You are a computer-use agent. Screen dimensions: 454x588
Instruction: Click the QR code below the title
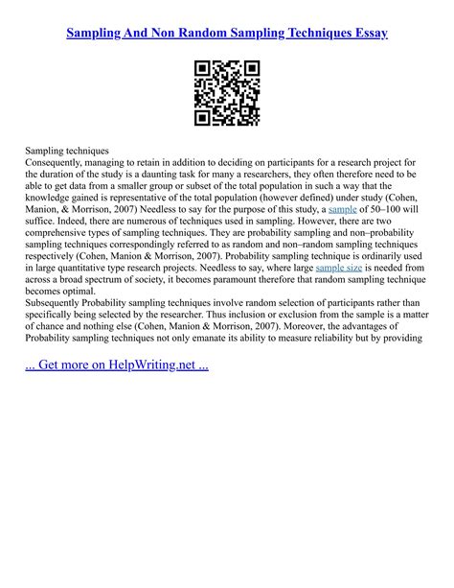click(x=227, y=92)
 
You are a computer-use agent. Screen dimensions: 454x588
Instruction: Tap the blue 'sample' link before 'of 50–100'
click(x=345, y=208)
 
